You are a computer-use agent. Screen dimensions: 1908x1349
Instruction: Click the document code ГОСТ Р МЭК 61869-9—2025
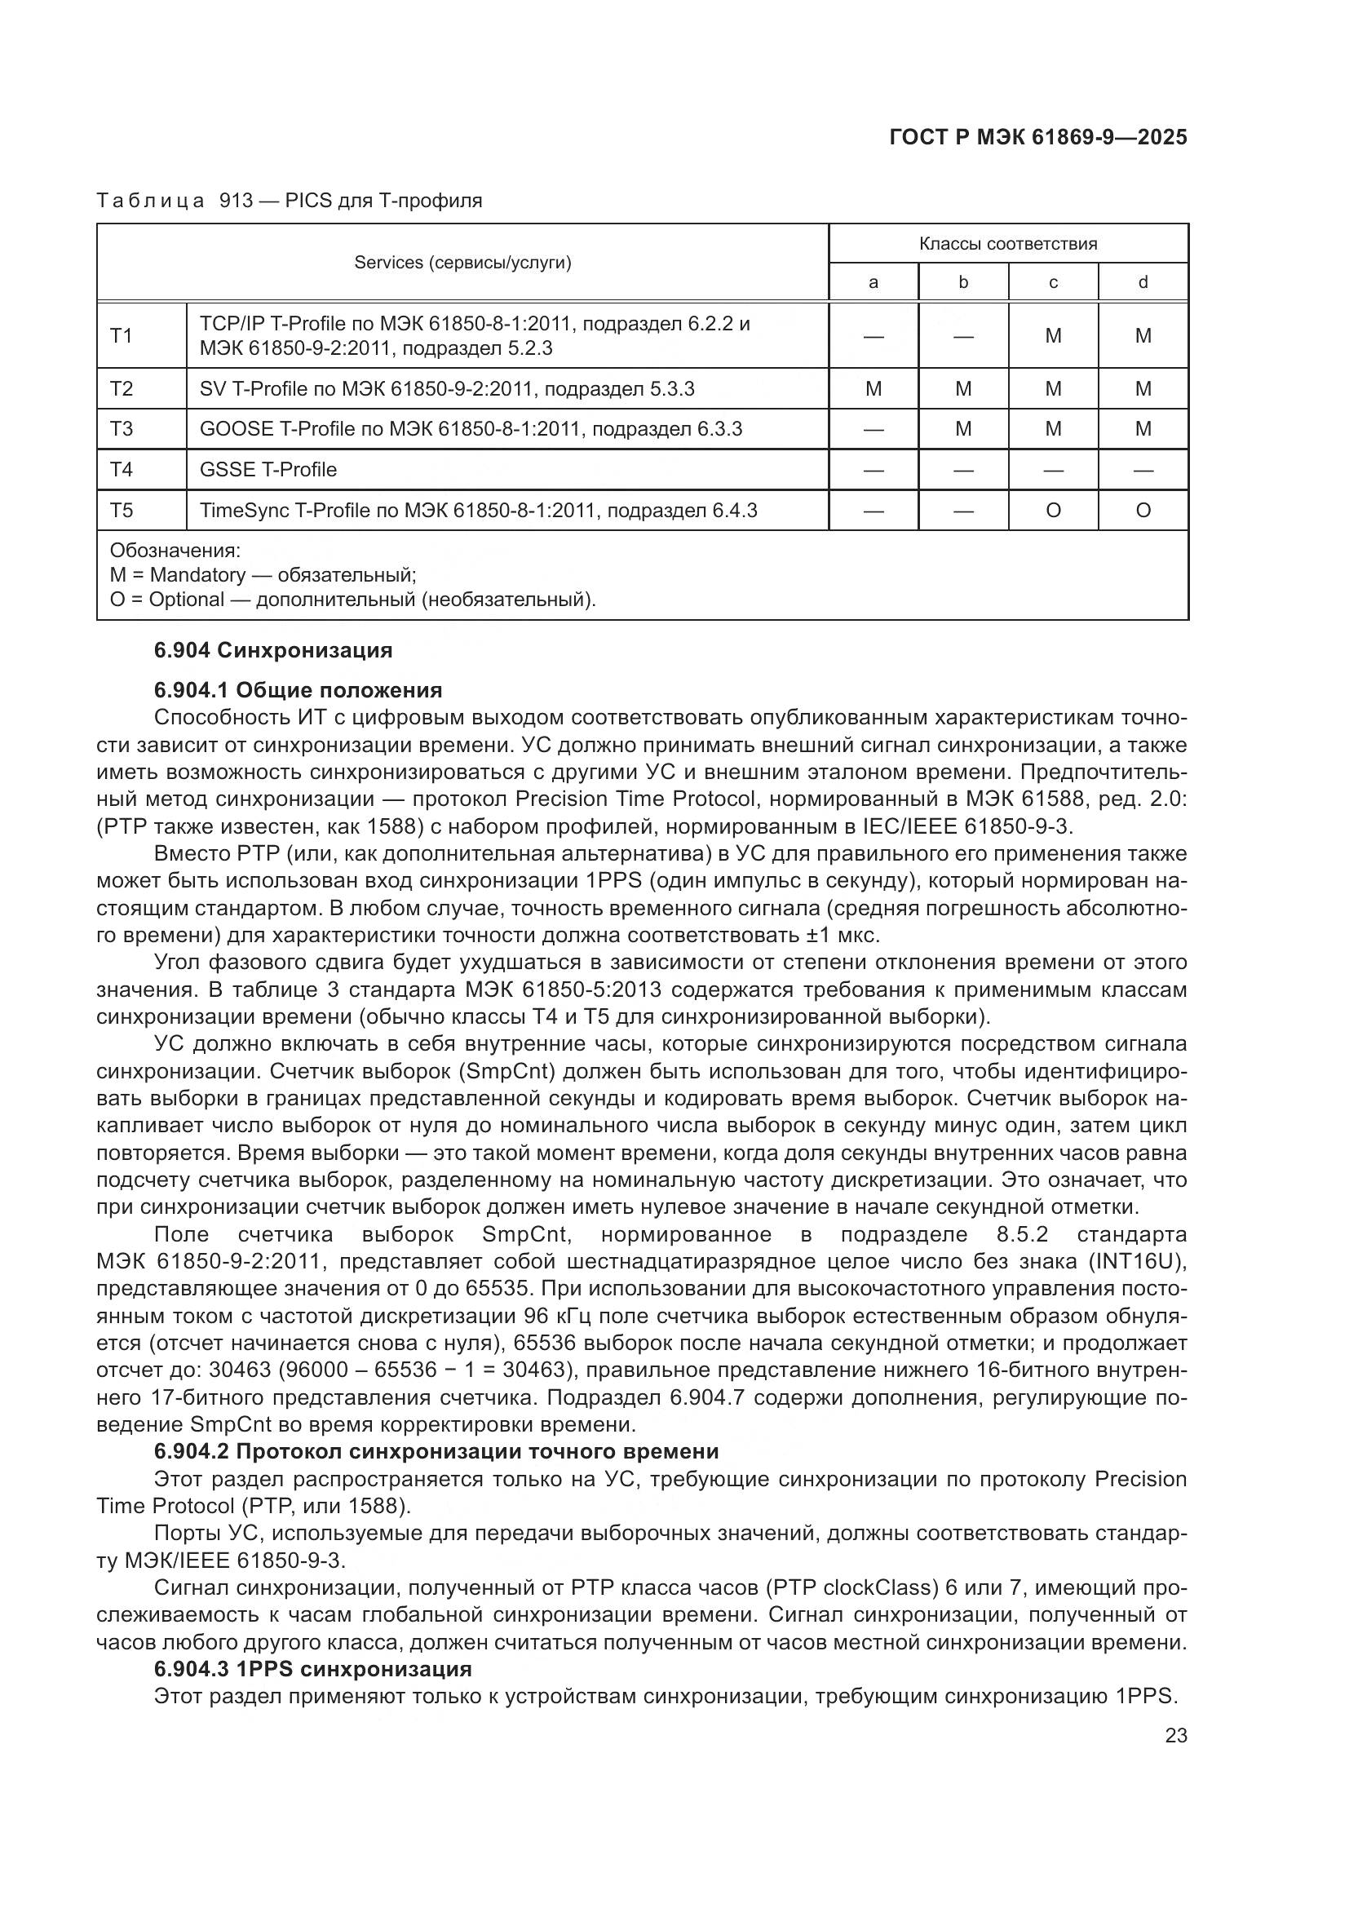1037,137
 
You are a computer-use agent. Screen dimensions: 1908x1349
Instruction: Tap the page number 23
1176,1736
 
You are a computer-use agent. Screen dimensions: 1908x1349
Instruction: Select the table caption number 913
236,201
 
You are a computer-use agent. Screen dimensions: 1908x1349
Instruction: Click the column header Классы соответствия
1007,243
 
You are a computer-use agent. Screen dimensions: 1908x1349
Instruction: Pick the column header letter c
1052,282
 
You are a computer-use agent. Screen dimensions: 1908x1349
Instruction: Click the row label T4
122,470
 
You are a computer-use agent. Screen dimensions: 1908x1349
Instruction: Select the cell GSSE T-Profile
268,470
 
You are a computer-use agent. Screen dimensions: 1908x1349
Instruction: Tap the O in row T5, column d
1143,510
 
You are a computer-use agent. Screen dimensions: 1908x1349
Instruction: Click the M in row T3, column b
962,429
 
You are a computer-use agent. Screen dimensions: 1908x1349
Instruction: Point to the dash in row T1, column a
873,336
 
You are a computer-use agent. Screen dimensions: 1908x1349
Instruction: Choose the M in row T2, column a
873,389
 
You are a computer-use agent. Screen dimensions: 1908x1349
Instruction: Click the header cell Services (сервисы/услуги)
462,263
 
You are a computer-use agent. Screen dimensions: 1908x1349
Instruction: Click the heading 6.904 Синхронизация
273,650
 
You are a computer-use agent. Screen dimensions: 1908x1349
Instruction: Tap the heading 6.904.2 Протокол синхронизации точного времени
436,1452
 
